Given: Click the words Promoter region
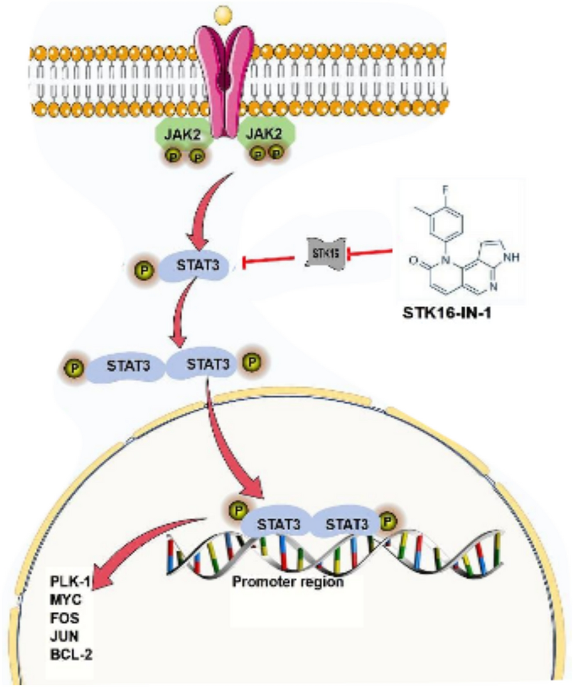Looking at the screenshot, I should [x=287, y=581].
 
